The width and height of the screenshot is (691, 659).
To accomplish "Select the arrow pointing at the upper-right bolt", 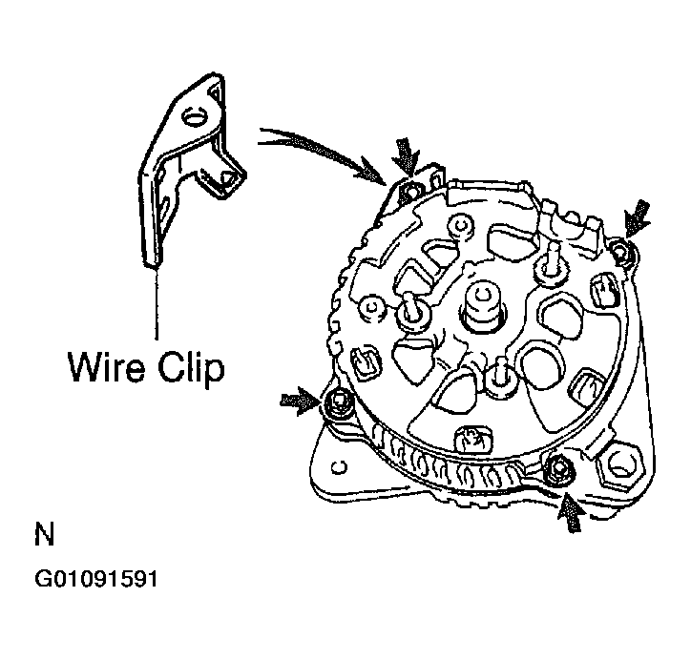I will (638, 216).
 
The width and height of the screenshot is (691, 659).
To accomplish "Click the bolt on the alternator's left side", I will (335, 404).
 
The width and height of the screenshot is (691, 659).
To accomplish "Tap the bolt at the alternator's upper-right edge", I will (621, 250).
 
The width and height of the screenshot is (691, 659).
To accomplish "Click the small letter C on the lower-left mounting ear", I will (340, 466).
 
